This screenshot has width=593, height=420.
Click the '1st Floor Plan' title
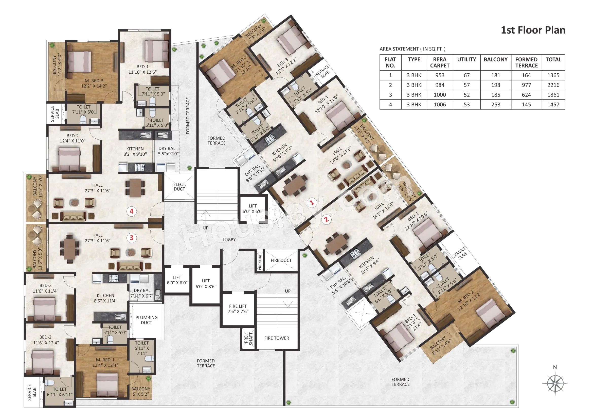[533, 30]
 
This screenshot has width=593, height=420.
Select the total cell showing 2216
[553, 85]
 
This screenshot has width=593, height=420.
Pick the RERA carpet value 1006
[440, 104]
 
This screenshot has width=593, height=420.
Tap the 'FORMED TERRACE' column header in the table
[526, 62]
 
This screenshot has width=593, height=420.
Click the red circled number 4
[132, 211]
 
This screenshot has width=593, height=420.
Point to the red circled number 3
[132, 238]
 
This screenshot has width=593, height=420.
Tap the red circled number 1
[312, 202]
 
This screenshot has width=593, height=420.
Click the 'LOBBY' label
[229, 240]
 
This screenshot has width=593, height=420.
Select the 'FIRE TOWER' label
[277, 338]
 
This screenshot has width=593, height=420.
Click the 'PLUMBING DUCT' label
[147, 320]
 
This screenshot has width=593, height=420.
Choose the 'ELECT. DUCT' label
[179, 187]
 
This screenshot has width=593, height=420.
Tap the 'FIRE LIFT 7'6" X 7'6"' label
[238, 309]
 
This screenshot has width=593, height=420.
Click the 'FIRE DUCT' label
[281, 261]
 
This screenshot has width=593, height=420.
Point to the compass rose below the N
[555, 383]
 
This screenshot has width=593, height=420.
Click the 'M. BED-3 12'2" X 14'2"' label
[94, 83]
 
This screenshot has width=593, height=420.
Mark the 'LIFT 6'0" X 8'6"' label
[206, 284]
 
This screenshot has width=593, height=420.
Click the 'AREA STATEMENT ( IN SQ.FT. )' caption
[412, 49]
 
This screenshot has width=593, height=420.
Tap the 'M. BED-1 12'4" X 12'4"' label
[105, 362]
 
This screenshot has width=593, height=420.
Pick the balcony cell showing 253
[496, 104]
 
